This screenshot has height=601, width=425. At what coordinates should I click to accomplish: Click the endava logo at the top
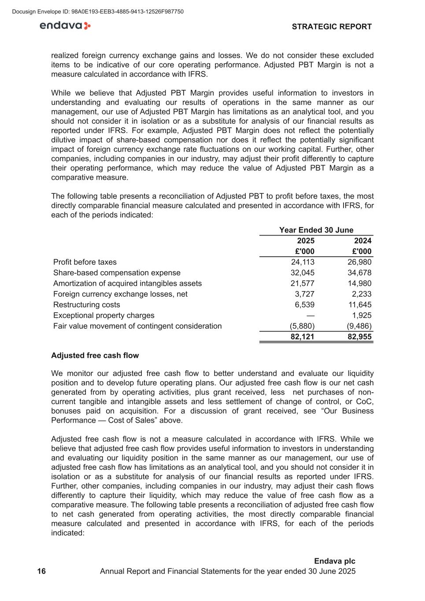tap(65, 26)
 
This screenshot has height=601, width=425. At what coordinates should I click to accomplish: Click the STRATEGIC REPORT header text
tap(332, 27)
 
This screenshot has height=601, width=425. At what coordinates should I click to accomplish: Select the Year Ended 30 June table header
tap(316, 230)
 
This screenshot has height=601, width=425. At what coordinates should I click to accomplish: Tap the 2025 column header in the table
tap(306, 241)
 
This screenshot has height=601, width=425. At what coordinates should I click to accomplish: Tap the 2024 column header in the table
tap(362, 241)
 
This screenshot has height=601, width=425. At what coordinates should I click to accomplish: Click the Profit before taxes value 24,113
tap(303, 262)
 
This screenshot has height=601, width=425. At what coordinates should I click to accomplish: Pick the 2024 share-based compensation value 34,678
tap(359, 273)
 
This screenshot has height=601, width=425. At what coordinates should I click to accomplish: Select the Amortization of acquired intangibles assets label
tap(127, 284)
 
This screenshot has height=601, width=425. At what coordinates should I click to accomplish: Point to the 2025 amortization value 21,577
tap(303, 284)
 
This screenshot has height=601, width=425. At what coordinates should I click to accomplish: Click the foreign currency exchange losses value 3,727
tap(304, 294)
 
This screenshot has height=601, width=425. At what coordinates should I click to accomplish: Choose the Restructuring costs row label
tap(86, 305)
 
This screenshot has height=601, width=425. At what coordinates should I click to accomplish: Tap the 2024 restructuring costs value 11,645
tap(359, 305)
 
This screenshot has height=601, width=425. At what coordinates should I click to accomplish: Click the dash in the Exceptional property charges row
tap(310, 316)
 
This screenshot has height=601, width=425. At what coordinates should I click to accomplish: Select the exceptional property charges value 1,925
tap(362, 316)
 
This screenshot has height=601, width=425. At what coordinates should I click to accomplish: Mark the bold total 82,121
tap(303, 337)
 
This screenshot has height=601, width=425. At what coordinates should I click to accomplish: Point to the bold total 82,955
tap(359, 337)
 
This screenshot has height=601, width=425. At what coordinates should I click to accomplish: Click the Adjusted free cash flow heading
tap(95, 356)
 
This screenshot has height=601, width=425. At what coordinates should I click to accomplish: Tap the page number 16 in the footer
tap(41, 572)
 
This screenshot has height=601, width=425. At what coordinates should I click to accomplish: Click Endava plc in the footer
tap(334, 561)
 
